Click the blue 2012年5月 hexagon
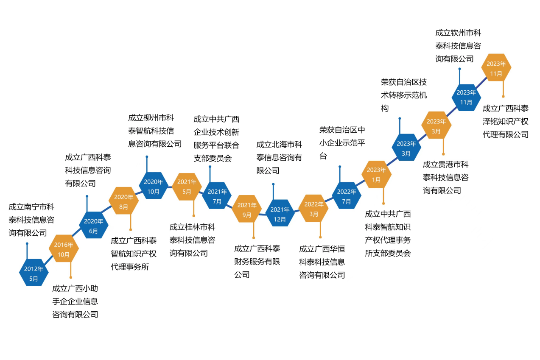(x=34, y=273)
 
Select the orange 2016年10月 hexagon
(x=64, y=249)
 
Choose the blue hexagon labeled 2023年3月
(x=406, y=148)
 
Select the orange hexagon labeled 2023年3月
(x=436, y=126)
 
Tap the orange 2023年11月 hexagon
(x=496, y=68)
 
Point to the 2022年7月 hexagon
(x=347, y=195)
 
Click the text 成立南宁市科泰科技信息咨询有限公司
(x=31, y=220)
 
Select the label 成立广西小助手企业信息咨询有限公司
(x=75, y=301)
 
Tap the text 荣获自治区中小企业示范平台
(x=342, y=142)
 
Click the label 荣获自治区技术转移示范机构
(x=403, y=95)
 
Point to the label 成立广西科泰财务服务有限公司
(x=257, y=261)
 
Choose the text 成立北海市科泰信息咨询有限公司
(x=279, y=157)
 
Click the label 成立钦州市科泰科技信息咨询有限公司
(x=458, y=46)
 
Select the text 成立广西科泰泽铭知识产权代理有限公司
(x=505, y=121)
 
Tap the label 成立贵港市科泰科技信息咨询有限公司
(x=445, y=177)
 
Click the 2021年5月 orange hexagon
(x=187, y=186)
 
